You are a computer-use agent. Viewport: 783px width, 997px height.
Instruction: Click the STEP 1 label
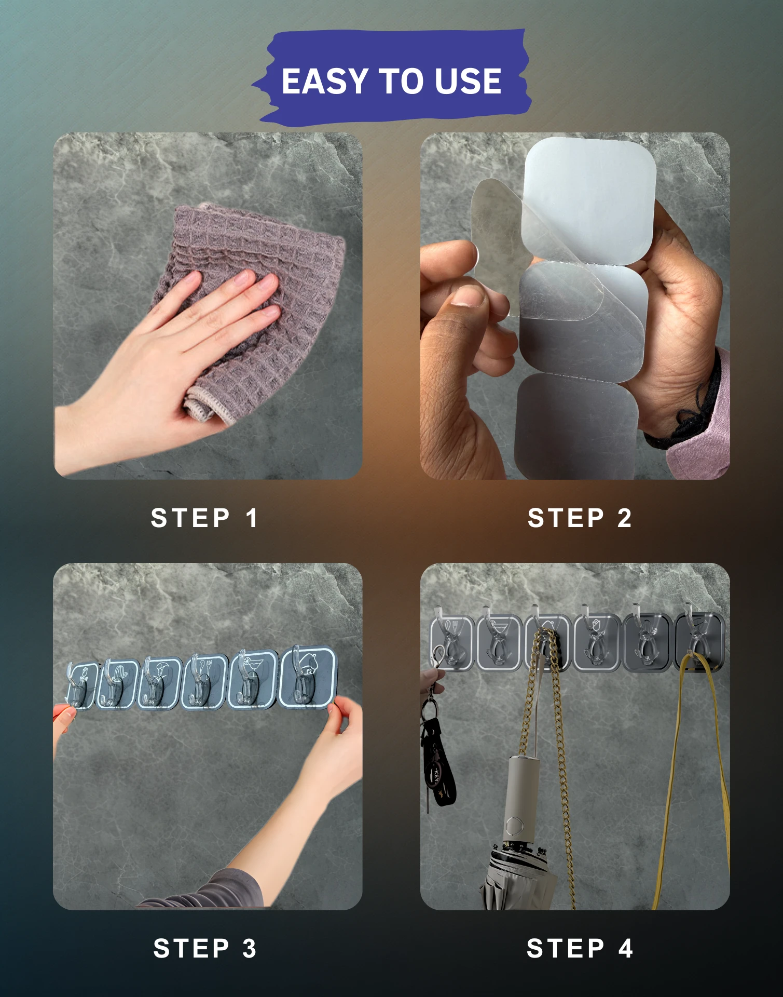[204, 518]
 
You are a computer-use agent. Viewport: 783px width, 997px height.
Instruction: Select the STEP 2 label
[579, 518]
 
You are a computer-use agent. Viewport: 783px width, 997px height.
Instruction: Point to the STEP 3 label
[204, 948]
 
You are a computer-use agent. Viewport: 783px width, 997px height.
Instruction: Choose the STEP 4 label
[579, 948]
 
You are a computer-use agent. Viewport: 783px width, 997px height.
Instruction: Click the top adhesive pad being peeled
[590, 200]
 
